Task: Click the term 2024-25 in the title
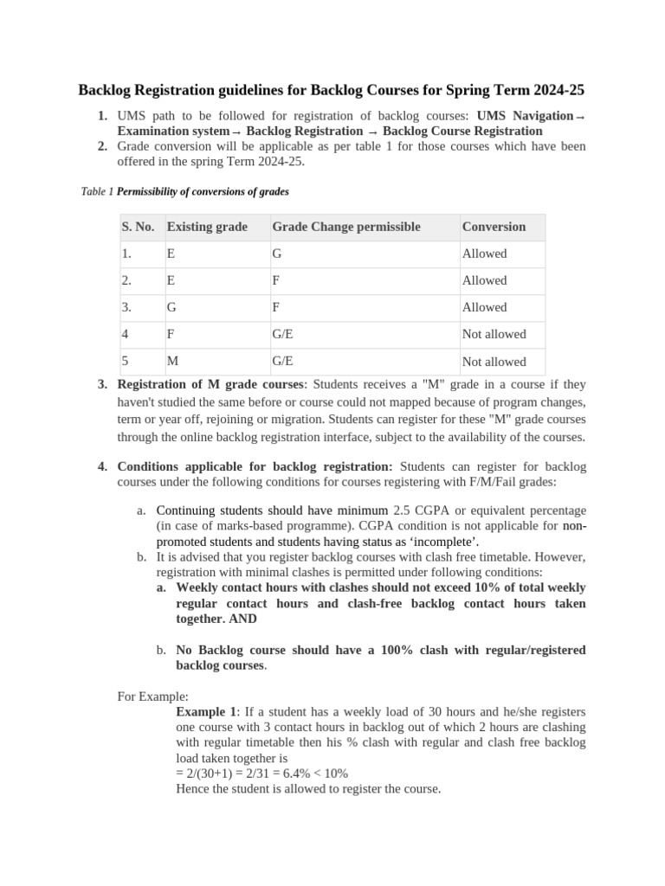558,90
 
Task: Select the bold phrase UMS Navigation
526,115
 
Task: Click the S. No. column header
138,227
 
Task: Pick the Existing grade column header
207,227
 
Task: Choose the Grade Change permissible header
346,227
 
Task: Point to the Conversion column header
494,227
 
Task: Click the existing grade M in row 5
171,362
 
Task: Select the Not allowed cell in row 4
494,334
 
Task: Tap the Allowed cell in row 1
485,254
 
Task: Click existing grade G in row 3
171,307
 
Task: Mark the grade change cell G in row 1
277,254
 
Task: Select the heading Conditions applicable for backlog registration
255,466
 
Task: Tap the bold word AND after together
243,619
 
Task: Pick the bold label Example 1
205,710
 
